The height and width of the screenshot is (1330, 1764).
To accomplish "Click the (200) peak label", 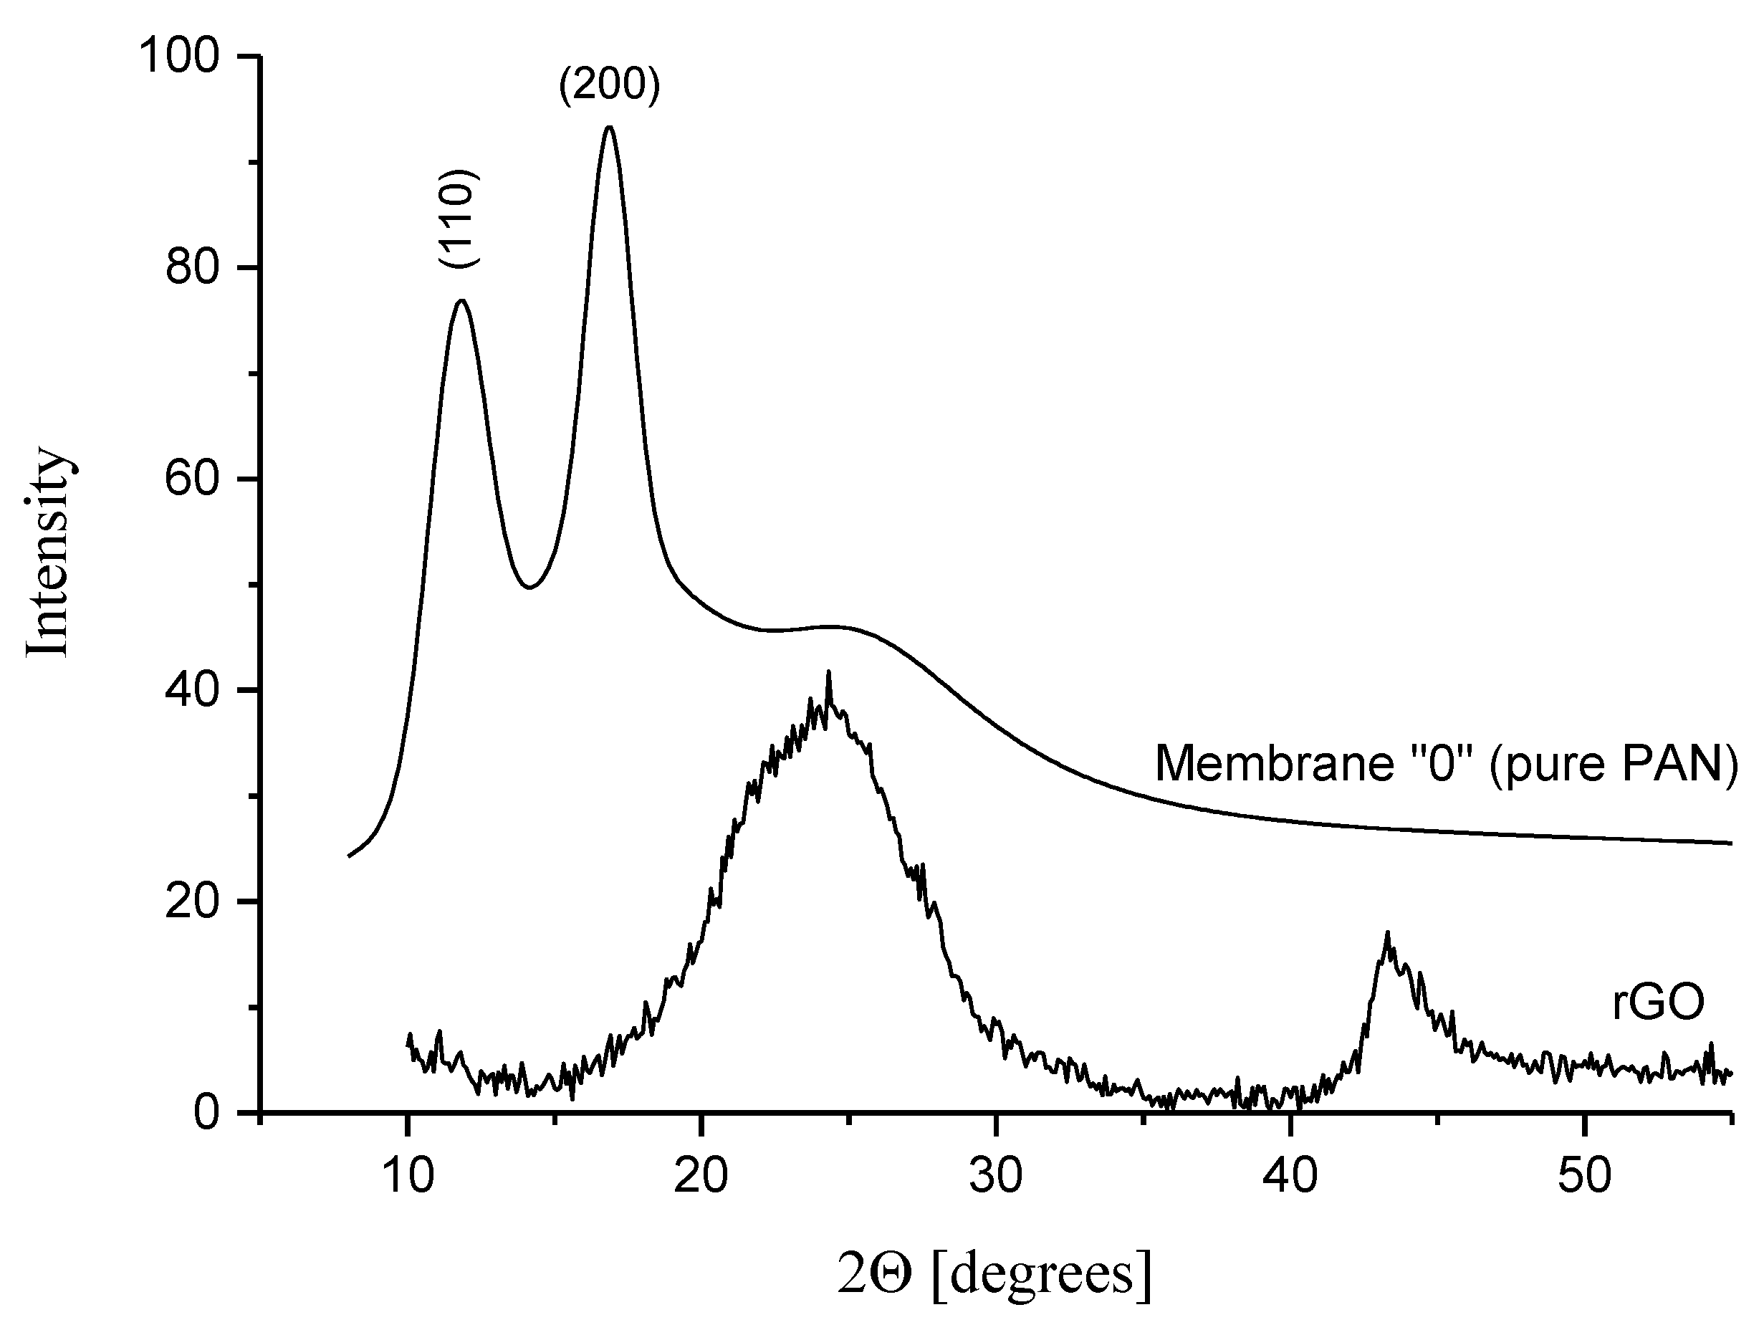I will [x=609, y=85].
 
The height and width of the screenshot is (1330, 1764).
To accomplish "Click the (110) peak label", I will [x=459, y=219].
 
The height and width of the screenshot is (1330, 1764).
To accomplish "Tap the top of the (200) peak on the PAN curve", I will [x=610, y=128].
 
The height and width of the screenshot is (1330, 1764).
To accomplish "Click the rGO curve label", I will [x=1658, y=1003].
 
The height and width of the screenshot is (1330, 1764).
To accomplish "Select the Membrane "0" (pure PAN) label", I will [x=1446, y=763].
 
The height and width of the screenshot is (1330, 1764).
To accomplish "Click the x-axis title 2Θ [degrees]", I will [x=994, y=1273].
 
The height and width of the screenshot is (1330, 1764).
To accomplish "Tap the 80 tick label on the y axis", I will [x=192, y=268].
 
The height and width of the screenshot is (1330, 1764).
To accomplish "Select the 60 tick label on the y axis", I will [x=192, y=479].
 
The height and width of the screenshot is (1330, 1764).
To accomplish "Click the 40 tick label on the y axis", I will [x=192, y=691].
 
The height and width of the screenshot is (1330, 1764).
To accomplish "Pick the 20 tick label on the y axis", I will [x=192, y=901].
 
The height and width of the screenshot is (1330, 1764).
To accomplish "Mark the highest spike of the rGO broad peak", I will [x=828, y=674].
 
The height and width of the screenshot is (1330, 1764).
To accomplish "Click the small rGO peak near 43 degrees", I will [x=1388, y=934].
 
